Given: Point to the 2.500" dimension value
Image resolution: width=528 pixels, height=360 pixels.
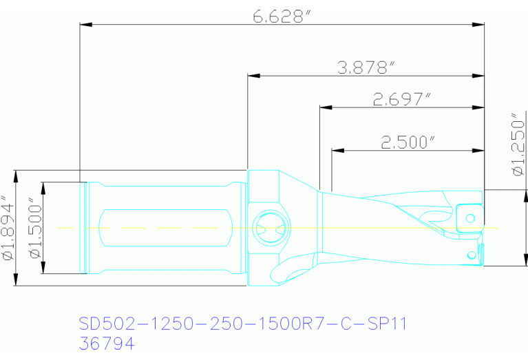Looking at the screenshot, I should pos(408,142).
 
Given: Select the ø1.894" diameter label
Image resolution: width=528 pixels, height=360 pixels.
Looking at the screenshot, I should pos(8,229).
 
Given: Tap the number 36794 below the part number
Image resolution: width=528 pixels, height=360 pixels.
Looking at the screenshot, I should pos(106,342).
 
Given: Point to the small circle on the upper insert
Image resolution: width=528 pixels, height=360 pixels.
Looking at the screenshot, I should pos(470,218).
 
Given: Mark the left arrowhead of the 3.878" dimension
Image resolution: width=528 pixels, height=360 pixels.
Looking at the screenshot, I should pos(253,74).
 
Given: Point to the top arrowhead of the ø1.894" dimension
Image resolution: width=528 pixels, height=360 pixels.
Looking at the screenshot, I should pos(15,174).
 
